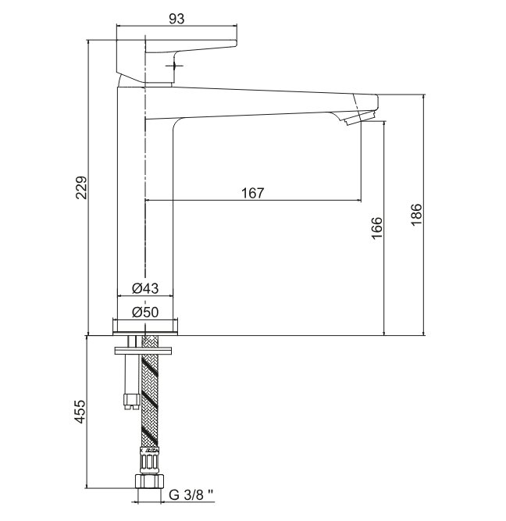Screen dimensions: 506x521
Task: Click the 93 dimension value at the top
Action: (176, 19)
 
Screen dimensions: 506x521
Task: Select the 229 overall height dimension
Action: (81, 187)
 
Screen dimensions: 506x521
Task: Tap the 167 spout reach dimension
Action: (252, 193)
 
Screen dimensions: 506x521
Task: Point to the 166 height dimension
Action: (377, 228)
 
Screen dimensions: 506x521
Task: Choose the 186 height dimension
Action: (416, 214)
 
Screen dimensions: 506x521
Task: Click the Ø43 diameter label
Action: (145, 288)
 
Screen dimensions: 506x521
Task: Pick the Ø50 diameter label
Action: (145, 312)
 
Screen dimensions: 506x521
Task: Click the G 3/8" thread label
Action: (191, 494)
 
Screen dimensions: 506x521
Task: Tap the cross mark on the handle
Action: (174, 66)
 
